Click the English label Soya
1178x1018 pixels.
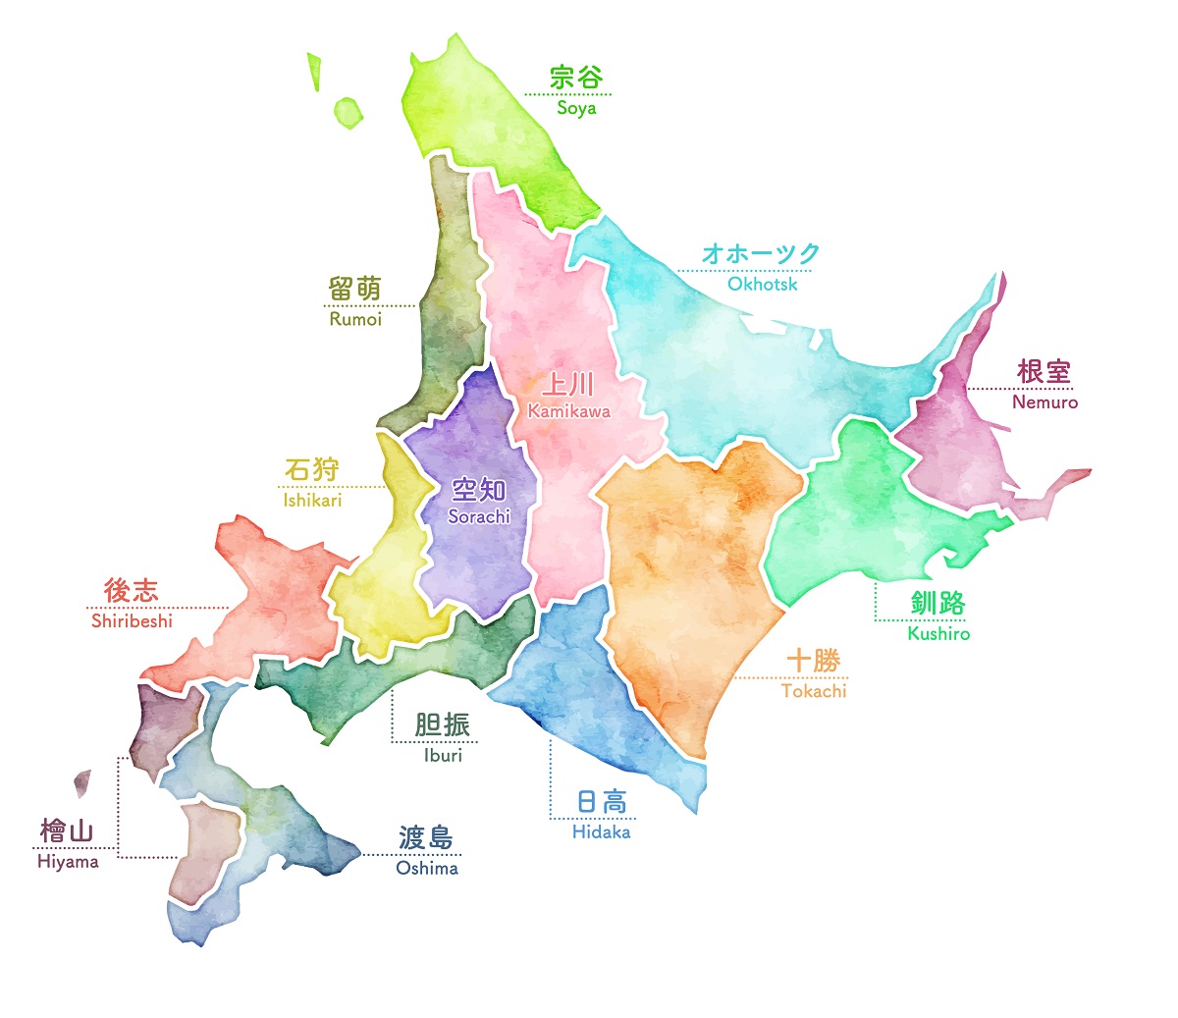tap(576, 108)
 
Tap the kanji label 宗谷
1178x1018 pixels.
tap(575, 77)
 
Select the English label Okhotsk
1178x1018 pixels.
tap(762, 285)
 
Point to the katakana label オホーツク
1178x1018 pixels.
tap(761, 254)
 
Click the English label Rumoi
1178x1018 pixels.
tap(355, 320)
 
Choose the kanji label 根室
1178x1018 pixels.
tap(1044, 372)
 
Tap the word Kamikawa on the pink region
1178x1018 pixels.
tap(568, 412)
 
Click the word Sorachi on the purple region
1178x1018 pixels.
tap(479, 516)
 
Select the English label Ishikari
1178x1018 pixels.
tap(312, 501)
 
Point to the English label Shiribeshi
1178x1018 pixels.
tap(132, 621)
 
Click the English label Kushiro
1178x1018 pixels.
tap(938, 634)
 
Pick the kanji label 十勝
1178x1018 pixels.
tap(813, 661)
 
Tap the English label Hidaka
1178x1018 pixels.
tap(601, 832)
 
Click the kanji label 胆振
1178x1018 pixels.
tap(443, 724)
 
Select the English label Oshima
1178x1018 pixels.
tap(427, 869)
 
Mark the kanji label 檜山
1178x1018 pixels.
tap(67, 831)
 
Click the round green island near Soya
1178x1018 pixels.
tap(348, 113)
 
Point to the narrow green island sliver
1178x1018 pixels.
tap(315, 72)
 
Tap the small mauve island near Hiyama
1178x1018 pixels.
tap(82, 782)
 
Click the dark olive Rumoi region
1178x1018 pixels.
tap(452, 295)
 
